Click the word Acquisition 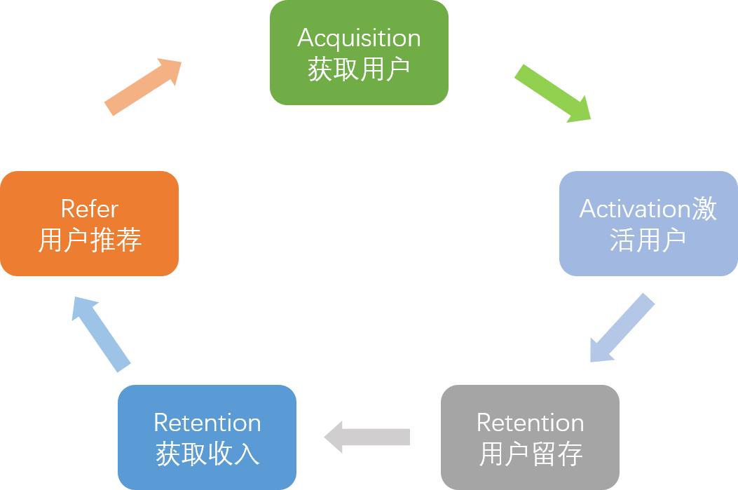tap(359, 38)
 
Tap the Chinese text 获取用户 tap(359, 69)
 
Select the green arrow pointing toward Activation tap(553, 93)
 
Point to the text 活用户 tap(648, 240)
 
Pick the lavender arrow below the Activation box tap(622, 327)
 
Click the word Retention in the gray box tap(530, 423)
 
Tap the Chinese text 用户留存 tap(530, 454)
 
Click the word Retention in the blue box tap(207, 423)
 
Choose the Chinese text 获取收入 tap(207, 454)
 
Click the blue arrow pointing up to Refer tap(101, 332)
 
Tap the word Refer tap(89, 209)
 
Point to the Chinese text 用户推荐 tap(89, 240)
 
